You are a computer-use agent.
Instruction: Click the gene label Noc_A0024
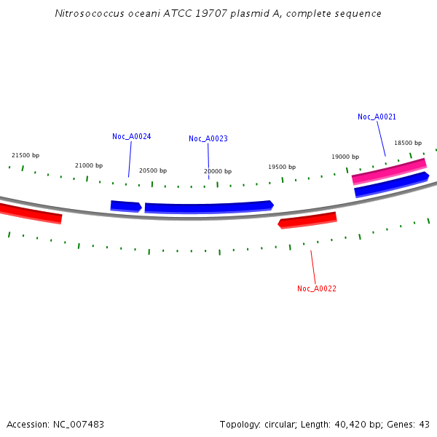pyautogui.click(x=132, y=136)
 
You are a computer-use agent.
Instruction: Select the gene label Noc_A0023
pyautogui.click(x=208, y=138)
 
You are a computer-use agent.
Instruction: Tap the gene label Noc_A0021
pyautogui.click(x=377, y=117)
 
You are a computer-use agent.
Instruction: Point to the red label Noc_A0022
pyautogui.click(x=317, y=288)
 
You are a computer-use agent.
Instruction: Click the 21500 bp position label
pyautogui.click(x=25, y=155)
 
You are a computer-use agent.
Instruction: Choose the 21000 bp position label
pyautogui.click(x=89, y=165)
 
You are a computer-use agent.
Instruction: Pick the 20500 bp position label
pyautogui.click(x=153, y=170)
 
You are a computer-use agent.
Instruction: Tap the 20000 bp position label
pyautogui.click(x=218, y=171)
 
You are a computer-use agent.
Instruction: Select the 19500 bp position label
pyautogui.click(x=282, y=167)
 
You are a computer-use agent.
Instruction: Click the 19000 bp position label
pyautogui.click(x=345, y=157)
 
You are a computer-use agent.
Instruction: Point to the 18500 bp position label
pyautogui.click(x=408, y=143)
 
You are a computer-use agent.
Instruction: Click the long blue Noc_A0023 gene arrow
pyautogui.click(x=208, y=208)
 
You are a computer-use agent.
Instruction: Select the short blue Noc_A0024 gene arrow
pyautogui.click(x=125, y=206)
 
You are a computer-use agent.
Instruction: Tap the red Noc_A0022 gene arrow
pyautogui.click(x=307, y=219)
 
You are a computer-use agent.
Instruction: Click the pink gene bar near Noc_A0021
pyautogui.click(x=388, y=171)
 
